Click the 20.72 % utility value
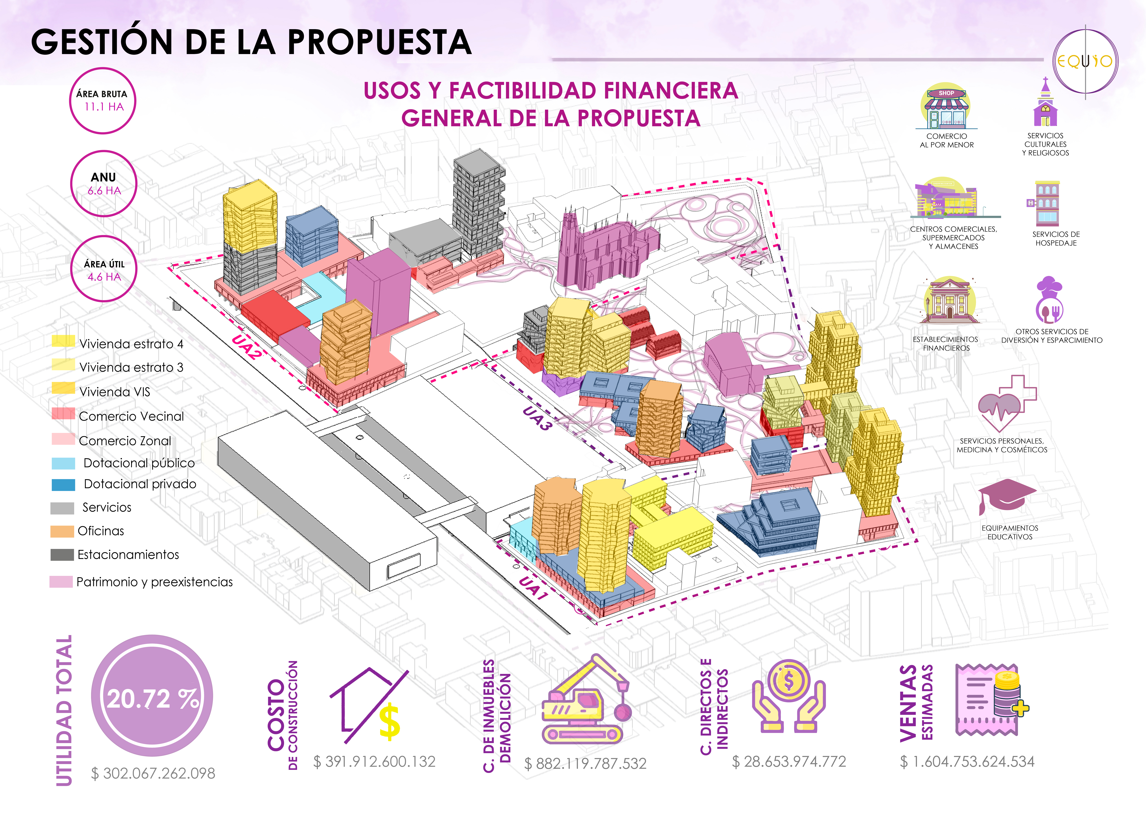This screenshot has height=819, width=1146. click(x=152, y=698)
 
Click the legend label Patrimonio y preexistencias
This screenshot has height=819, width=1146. click(x=154, y=582)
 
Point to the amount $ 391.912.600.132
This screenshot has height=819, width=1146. click(x=374, y=762)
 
